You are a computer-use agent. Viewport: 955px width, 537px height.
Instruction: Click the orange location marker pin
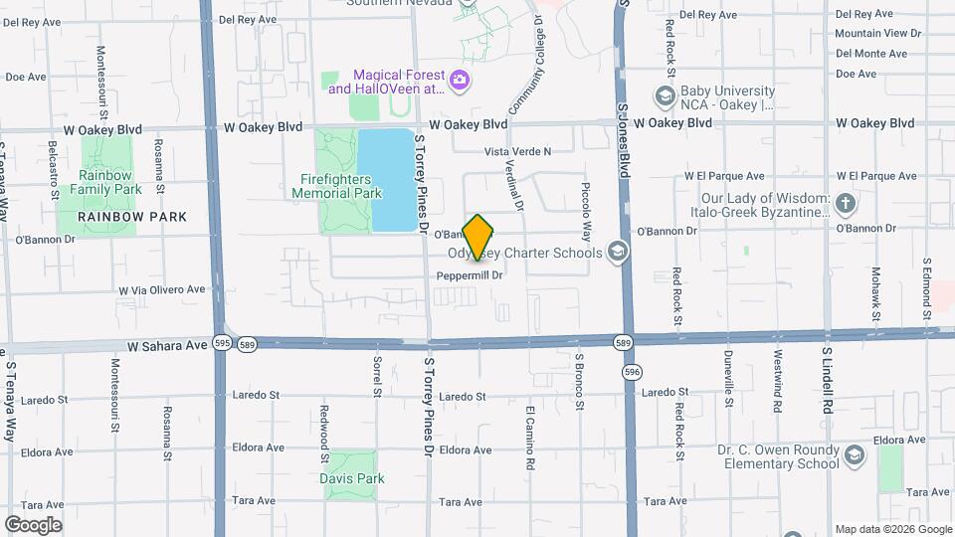pyautogui.click(x=478, y=237)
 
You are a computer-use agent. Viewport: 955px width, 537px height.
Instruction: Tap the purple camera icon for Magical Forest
pyautogui.click(x=459, y=80)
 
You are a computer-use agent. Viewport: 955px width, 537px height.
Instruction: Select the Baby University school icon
pyautogui.click(x=665, y=95)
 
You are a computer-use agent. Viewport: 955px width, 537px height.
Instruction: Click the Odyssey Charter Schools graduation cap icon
pyautogui.click(x=618, y=253)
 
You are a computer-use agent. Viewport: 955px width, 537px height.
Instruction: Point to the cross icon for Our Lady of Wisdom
pyautogui.click(x=845, y=204)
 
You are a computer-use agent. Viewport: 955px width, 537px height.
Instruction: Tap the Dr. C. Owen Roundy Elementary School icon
pyautogui.click(x=854, y=455)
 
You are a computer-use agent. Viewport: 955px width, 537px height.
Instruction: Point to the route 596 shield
pyautogui.click(x=632, y=370)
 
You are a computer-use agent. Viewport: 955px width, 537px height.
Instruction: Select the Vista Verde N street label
pyautogui.click(x=516, y=151)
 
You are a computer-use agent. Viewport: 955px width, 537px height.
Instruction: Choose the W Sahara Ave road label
pyautogui.click(x=166, y=346)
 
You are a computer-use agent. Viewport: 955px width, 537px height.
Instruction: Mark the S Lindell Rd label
pyautogui.click(x=827, y=379)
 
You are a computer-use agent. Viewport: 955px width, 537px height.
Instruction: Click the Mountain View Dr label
pyautogui.click(x=878, y=33)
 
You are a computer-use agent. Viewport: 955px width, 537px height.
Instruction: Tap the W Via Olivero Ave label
pyautogui.click(x=161, y=290)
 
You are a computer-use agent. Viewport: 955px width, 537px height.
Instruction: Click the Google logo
pyautogui.click(x=33, y=524)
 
